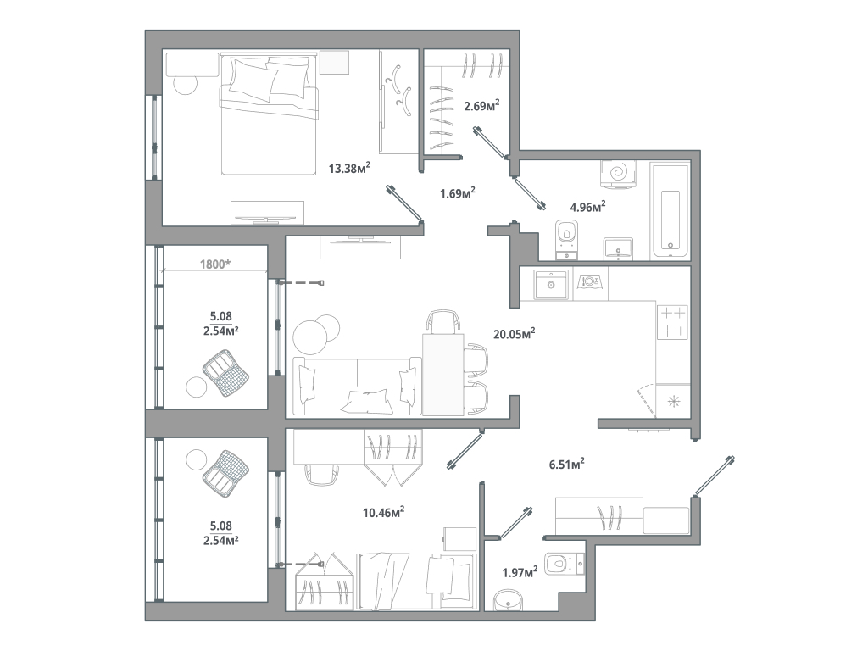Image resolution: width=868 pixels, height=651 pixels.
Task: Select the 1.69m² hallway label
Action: point(457,192)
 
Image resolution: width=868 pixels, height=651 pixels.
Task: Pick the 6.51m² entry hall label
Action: point(567,464)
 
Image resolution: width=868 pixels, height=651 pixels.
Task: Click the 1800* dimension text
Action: point(215,264)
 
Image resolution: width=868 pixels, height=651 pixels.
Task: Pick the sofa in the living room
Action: point(357,387)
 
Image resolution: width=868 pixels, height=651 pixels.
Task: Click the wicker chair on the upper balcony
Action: point(226,373)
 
